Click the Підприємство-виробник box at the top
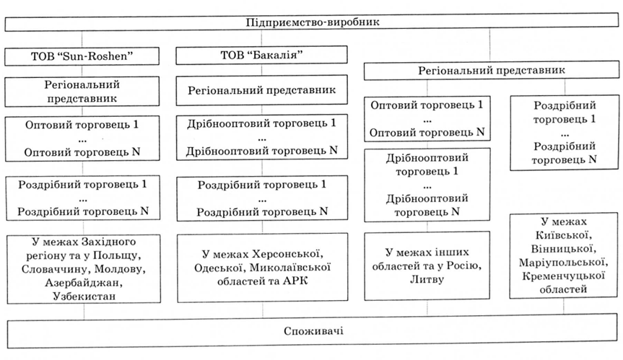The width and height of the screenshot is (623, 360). (312, 22)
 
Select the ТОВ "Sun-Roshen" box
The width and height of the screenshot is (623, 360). (82, 56)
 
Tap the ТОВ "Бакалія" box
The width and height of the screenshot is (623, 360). (261, 55)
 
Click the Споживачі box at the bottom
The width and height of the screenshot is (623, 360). (313, 331)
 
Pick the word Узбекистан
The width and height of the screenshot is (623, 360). (84, 296)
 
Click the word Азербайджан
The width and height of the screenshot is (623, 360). (84, 283)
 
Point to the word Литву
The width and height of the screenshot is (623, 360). (427, 279)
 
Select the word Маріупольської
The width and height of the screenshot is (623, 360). (563, 263)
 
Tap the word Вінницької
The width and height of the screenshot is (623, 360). (563, 249)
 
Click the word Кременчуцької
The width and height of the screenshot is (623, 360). (563, 276)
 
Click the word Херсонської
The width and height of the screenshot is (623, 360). (286, 254)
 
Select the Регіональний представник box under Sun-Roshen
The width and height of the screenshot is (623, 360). (82, 92)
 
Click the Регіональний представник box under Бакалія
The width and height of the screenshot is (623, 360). (261, 90)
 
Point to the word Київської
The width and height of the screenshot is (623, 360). (563, 235)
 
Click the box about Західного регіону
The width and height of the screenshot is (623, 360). (84, 268)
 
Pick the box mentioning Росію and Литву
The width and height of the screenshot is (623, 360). (427, 265)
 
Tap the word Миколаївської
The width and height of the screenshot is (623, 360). (290, 268)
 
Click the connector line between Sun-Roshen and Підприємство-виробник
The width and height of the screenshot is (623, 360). (82, 39)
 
